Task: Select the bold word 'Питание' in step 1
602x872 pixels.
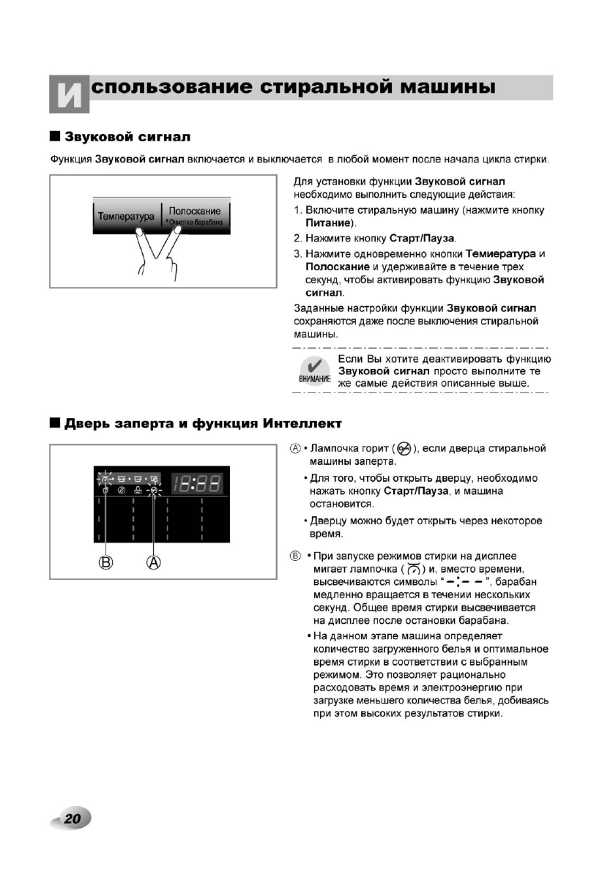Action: pyautogui.click(x=330, y=222)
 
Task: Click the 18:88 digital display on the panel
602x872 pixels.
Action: pyautogui.click(x=198, y=482)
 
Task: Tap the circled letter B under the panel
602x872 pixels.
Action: pyautogui.click(x=107, y=562)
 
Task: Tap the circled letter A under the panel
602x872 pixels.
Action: pyautogui.click(x=155, y=562)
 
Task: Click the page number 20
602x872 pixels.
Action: pyautogui.click(x=72, y=818)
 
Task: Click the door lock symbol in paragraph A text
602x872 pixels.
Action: pyautogui.click(x=404, y=448)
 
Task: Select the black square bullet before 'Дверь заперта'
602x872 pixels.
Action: pyautogui.click(x=55, y=423)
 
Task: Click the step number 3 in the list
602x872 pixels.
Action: pyautogui.click(x=297, y=254)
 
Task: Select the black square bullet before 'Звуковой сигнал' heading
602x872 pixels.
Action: pyautogui.click(x=55, y=137)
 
